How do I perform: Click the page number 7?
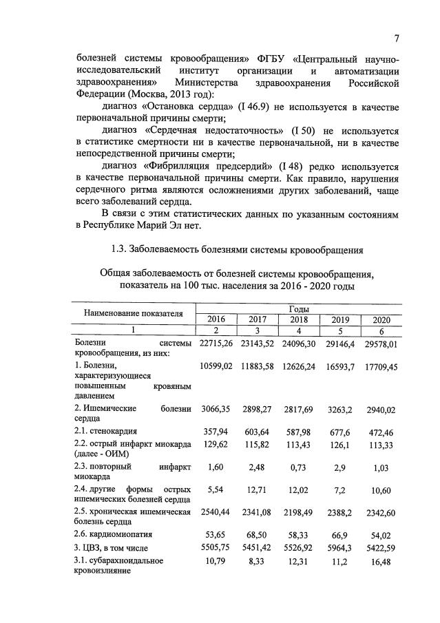click(397, 38)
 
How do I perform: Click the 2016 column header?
click(216, 319)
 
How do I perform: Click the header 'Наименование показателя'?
click(134, 314)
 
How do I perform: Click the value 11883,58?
click(258, 366)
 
